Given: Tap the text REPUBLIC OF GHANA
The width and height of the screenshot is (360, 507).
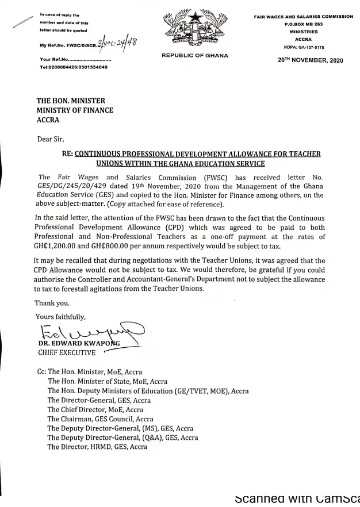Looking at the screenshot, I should click(x=195, y=56).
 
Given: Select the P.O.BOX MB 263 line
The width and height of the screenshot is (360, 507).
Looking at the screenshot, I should click(x=303, y=25).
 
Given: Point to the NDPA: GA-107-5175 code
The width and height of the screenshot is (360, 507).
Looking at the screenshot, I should click(x=303, y=47).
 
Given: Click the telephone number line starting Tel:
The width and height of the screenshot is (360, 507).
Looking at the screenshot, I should click(x=73, y=67).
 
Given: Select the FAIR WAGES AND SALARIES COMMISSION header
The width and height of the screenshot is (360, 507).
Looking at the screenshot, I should click(x=303, y=17).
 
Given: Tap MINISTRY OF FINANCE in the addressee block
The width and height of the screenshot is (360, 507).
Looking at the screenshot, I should click(x=75, y=110).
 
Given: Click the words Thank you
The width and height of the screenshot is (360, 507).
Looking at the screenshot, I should click(x=51, y=303).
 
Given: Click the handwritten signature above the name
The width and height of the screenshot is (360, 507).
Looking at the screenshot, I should click(x=86, y=332).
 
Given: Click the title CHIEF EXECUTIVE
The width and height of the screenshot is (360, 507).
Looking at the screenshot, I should click(x=67, y=352).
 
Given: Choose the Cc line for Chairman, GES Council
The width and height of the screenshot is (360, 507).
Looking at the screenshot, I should click(x=100, y=419).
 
